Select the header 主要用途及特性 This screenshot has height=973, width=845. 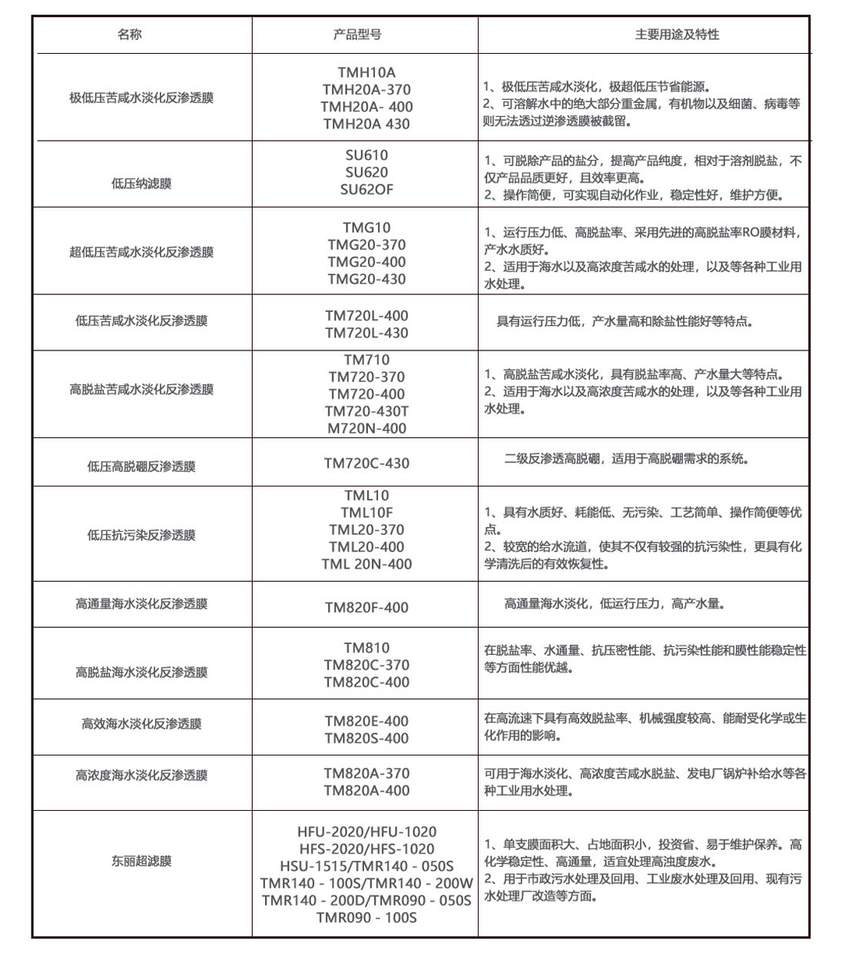(677, 35)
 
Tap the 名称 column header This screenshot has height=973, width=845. (130, 35)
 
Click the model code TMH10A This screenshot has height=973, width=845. (366, 73)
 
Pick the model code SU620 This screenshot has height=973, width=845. (366, 172)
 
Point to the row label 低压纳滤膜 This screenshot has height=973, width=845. (141, 184)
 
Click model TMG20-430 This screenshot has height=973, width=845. (366, 279)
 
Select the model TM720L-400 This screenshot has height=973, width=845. (366, 316)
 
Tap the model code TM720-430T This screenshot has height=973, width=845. (366, 411)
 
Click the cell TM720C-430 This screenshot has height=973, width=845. (366, 463)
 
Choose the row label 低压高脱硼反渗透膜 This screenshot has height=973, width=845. (141, 467)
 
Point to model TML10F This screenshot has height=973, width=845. (366, 513)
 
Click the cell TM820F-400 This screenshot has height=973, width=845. (366, 608)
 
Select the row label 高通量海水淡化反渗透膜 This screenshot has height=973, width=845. (141, 604)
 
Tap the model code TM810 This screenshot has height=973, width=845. (366, 648)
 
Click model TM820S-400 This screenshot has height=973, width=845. (366, 739)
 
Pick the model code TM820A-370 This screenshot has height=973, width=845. (366, 774)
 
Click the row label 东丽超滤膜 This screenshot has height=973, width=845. (141, 862)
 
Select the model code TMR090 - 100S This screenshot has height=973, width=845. (366, 918)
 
